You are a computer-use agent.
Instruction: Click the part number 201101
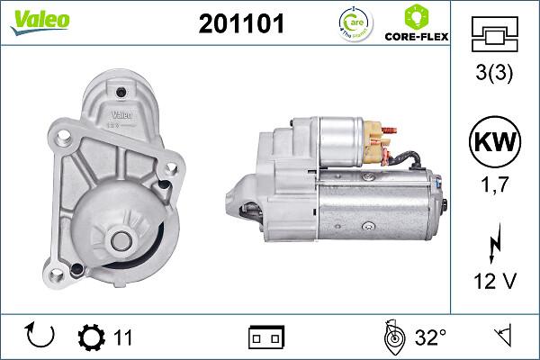click(x=240, y=24)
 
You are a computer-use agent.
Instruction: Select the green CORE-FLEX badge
click(x=416, y=24)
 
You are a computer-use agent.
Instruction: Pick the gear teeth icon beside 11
click(x=92, y=337)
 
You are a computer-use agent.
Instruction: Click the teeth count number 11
click(x=123, y=338)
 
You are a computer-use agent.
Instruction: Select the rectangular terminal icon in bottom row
click(x=265, y=338)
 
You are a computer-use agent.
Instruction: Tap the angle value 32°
click(x=431, y=338)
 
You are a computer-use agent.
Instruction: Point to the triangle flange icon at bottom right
click(x=500, y=337)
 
